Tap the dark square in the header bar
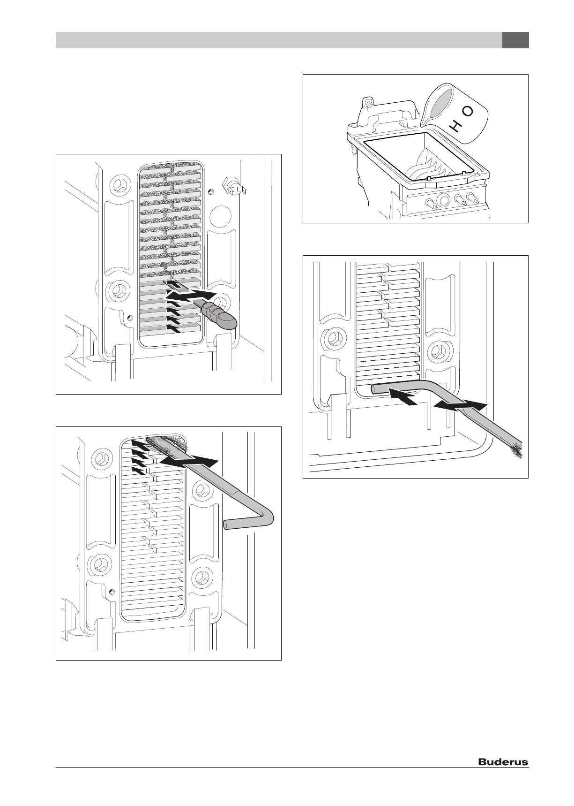[515, 40]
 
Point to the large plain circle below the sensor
[220, 217]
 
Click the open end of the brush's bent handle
[227, 524]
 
